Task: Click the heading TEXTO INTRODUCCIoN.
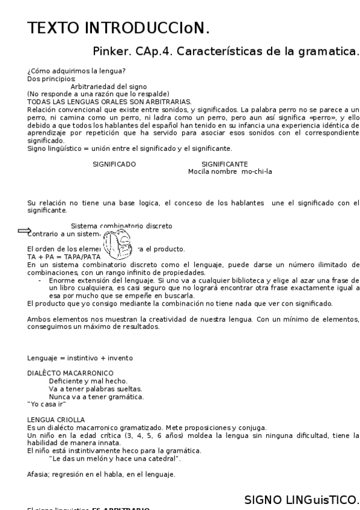pos(118,28)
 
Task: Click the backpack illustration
pos(116,244)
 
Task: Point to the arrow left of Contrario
pos(24,230)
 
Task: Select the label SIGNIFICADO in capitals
pos(114,164)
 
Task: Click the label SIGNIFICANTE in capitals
pos(225,164)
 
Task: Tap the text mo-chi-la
pos(257,171)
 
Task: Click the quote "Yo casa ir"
pos(46,404)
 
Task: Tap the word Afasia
pos(38,475)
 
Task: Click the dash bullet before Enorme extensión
pos(40,280)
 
